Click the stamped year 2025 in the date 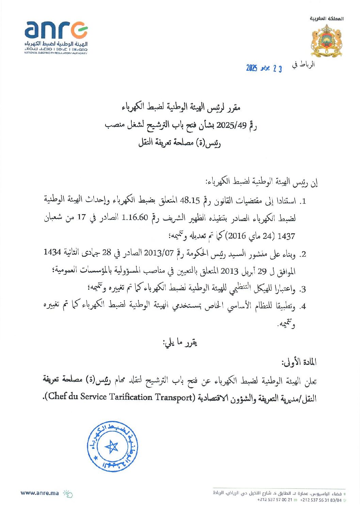click(x=252, y=68)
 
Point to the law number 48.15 click(x=190, y=201)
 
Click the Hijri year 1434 click(x=52, y=252)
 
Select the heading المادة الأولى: click(x=299, y=362)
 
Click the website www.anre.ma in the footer click(x=39, y=493)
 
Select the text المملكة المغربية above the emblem click(x=326, y=18)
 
